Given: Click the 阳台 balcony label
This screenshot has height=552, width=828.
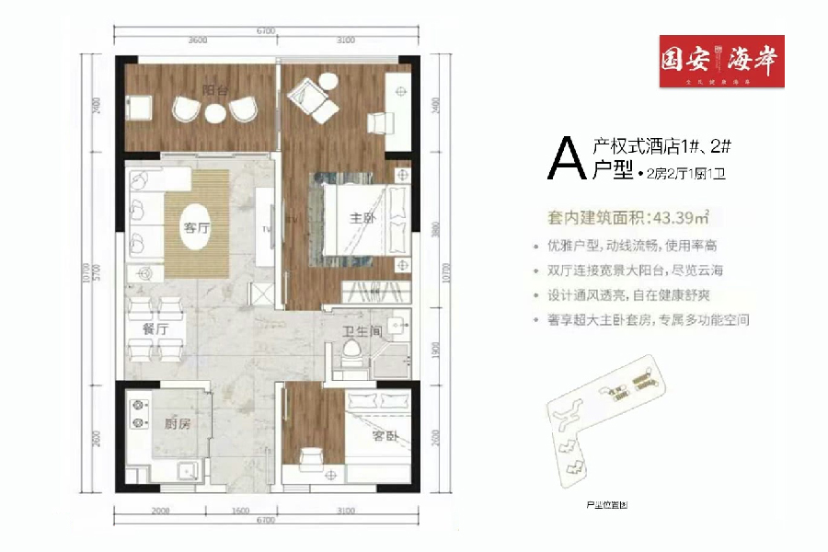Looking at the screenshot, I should pyautogui.click(x=216, y=90).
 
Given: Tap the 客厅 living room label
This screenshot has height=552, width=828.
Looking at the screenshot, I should pyautogui.click(x=191, y=228).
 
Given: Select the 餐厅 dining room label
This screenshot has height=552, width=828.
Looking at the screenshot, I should pyautogui.click(x=155, y=328).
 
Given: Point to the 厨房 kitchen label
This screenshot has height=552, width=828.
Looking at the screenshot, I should pyautogui.click(x=177, y=424).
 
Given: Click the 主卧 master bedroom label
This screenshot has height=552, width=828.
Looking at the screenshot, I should pyautogui.click(x=360, y=219).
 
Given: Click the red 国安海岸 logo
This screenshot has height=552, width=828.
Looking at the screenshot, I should pyautogui.click(x=721, y=61).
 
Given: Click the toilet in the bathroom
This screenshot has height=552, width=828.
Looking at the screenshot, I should pyautogui.click(x=351, y=354).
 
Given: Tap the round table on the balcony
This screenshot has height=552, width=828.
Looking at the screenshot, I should pyautogui.click(x=215, y=113).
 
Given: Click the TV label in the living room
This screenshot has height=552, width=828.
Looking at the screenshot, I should pyautogui.click(x=266, y=228).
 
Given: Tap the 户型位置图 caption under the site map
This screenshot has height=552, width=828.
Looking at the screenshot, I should pyautogui.click(x=604, y=505).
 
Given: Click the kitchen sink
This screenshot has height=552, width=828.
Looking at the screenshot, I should pyautogui.click(x=187, y=467).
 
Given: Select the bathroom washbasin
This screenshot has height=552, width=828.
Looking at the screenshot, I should pyautogui.click(x=397, y=325).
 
